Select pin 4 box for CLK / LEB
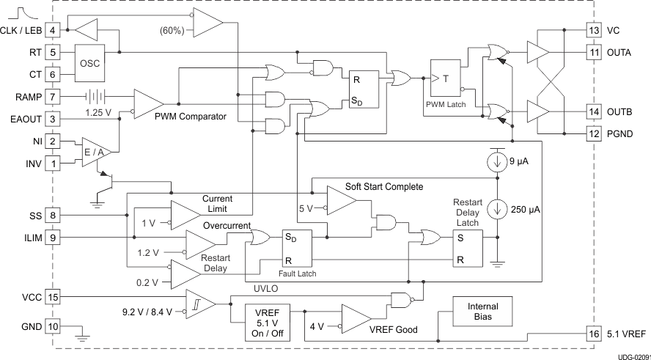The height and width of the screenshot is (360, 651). click(54, 30)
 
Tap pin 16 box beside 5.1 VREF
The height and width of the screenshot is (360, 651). click(594, 334)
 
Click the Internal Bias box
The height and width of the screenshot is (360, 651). click(482, 312)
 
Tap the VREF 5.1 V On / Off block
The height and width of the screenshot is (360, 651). click(267, 320)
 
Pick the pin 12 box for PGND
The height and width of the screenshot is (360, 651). click(594, 133)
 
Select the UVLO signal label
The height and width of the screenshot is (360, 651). click(266, 287)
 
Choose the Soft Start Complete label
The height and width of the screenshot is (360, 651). click(384, 187)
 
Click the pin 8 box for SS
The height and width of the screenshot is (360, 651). click(54, 216)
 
